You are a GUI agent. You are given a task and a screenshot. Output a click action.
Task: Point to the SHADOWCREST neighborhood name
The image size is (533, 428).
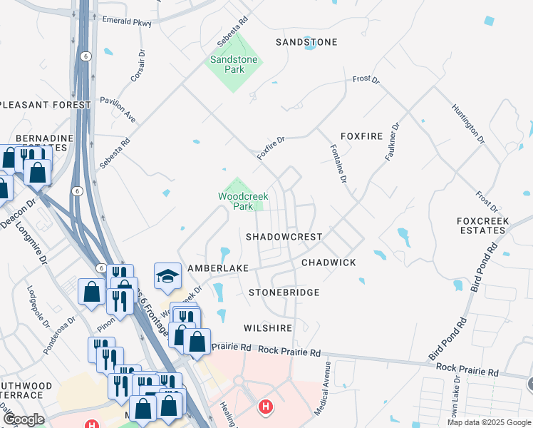click(x=284, y=236)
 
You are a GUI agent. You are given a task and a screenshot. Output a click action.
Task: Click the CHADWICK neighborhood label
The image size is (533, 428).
click(x=328, y=263)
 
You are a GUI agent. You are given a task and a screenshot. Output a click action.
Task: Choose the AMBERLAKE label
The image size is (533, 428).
click(x=217, y=267)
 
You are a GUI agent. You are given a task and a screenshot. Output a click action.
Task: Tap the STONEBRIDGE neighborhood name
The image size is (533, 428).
click(x=284, y=292)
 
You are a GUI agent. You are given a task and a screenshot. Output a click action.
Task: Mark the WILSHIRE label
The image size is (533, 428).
click(x=268, y=328)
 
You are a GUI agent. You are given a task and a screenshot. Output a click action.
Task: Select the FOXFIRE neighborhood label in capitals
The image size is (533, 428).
click(x=361, y=136)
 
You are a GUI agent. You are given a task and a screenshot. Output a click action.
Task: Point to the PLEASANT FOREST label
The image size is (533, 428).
click(x=46, y=105)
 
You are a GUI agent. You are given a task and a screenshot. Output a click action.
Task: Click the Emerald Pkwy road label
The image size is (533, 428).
click(x=127, y=23)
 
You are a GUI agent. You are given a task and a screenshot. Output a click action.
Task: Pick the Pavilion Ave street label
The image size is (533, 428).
click(x=118, y=109)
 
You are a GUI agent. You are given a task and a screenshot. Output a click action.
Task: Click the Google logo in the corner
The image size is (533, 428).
click(x=24, y=419)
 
